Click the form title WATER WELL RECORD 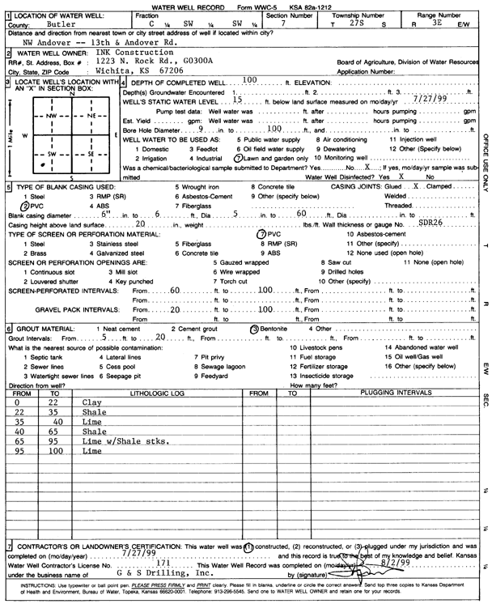[x=180, y=6]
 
